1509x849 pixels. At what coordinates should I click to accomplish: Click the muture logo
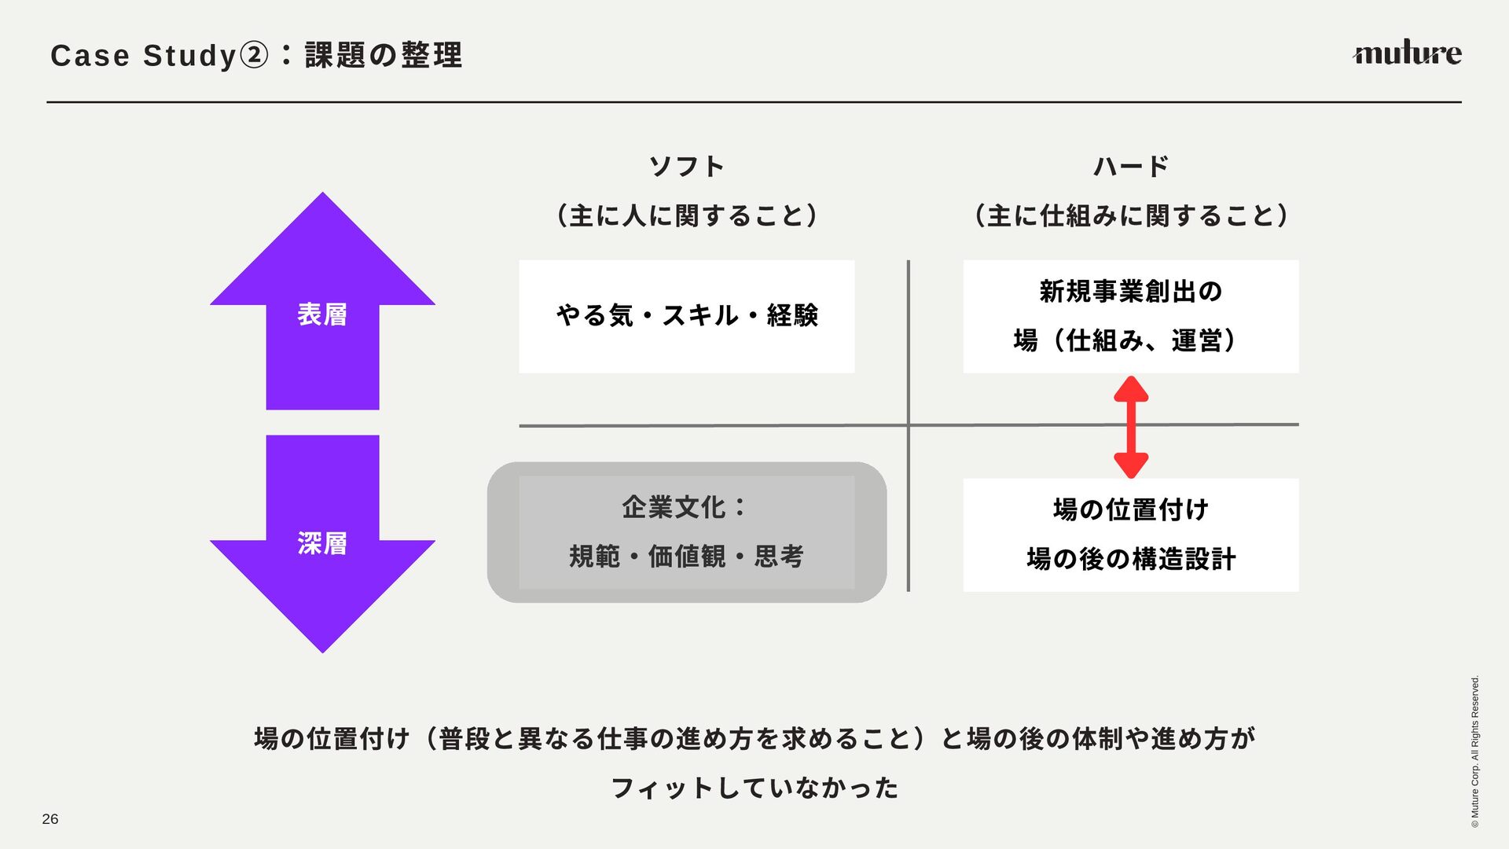pyautogui.click(x=1406, y=53)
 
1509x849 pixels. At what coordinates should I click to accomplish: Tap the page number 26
pyautogui.click(x=50, y=819)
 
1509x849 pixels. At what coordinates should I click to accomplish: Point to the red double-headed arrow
pyautogui.click(x=1131, y=427)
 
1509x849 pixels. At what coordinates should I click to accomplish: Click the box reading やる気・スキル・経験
pyautogui.click(x=686, y=316)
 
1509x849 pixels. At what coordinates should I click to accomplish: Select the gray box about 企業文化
pyautogui.click(x=686, y=532)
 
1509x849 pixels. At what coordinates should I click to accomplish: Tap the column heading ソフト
pyautogui.click(x=686, y=167)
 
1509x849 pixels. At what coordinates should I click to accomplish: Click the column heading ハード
pyautogui.click(x=1131, y=167)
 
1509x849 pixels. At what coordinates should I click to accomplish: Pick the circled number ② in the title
pyautogui.click(x=253, y=55)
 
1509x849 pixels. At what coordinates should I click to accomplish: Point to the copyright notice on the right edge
pyautogui.click(x=1474, y=751)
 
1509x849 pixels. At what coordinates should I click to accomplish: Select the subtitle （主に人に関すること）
pyautogui.click(x=686, y=215)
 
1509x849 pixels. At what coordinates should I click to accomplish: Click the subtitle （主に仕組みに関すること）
pyautogui.click(x=1131, y=215)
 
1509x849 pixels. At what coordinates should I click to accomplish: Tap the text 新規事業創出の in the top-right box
pyautogui.click(x=1131, y=292)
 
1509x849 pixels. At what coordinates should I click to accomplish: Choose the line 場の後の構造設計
pyautogui.click(x=1131, y=559)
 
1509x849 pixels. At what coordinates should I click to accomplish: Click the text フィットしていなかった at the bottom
pyautogui.click(x=754, y=788)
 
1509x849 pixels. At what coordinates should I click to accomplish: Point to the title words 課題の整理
pyautogui.click(x=384, y=55)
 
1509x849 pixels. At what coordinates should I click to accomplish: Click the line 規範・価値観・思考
pyautogui.click(x=686, y=557)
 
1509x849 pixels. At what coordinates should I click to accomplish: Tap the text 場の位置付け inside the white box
pyautogui.click(x=1131, y=509)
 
